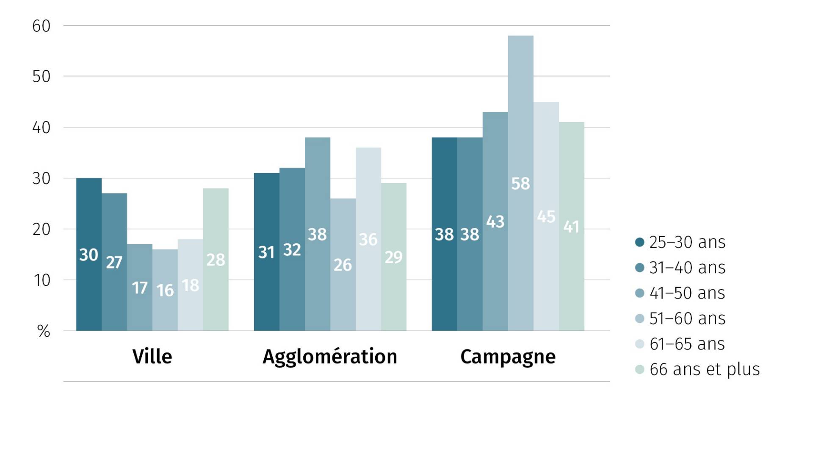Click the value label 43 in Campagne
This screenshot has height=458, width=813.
[495, 221]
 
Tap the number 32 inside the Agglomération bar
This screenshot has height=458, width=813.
[292, 249]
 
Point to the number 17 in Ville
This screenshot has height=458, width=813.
[140, 288]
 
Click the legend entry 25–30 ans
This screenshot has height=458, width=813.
[687, 242]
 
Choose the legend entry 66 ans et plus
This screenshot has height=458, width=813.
[704, 369]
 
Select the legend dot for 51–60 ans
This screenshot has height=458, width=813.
[640, 318]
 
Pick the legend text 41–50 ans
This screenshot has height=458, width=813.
[687, 293]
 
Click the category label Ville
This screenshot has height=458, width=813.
[152, 356]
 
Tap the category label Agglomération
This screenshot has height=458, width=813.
[330, 357]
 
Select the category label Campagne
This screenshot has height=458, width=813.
[508, 357]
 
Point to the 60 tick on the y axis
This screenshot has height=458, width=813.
[41, 26]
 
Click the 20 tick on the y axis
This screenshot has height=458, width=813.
[41, 229]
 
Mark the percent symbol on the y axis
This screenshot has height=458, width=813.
[44, 331]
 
